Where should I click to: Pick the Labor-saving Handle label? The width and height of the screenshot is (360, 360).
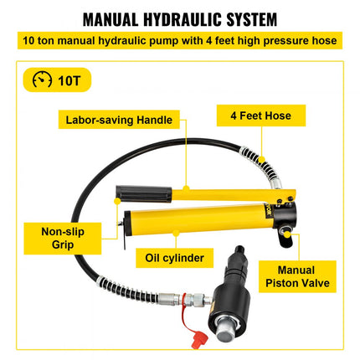(x=122, y=120)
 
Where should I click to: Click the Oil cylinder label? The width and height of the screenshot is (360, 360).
(x=175, y=257)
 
